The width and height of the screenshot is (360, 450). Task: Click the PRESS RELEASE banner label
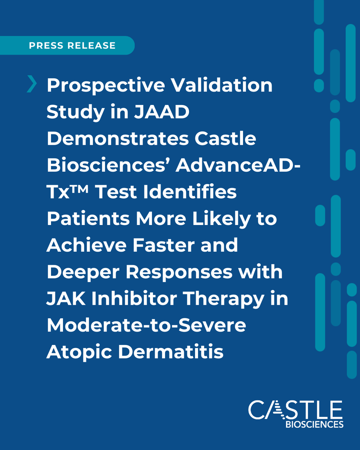pyautogui.click(x=72, y=46)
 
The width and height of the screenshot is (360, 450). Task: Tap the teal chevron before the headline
pyautogui.click(x=32, y=84)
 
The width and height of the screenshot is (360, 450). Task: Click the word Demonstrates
pyautogui.click(x=117, y=139)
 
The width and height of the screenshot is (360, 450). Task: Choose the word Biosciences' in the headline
pyautogui.click(x=108, y=165)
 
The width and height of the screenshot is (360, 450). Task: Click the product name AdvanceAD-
pyautogui.click(x=238, y=165)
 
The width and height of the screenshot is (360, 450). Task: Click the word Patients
pyautogui.click(x=88, y=219)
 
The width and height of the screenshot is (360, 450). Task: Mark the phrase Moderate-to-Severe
pyautogui.click(x=146, y=325)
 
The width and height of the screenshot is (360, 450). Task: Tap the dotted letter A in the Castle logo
pyautogui.click(x=276, y=409)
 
